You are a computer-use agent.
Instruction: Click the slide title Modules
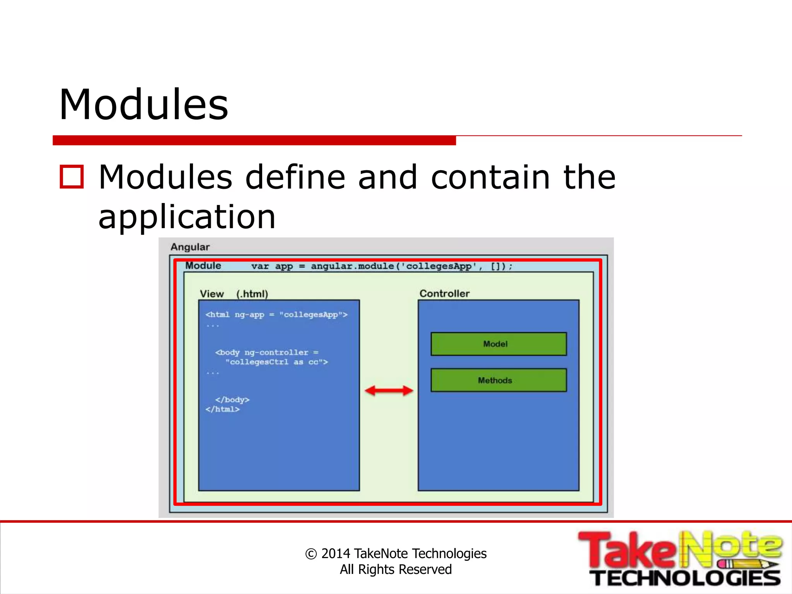(143, 104)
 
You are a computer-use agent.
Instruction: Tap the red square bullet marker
(72, 177)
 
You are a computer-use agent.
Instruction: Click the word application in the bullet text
(187, 217)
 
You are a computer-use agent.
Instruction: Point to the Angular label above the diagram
(190, 247)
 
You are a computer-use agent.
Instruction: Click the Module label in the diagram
(203, 266)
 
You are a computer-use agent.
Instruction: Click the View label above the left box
(212, 294)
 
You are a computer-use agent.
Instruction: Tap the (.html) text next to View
(252, 294)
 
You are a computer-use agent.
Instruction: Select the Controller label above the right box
(444, 294)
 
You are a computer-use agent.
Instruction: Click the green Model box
(498, 344)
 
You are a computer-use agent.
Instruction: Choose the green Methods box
(498, 380)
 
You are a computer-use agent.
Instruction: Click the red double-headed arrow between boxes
(389, 391)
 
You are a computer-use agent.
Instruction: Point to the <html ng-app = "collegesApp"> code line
(277, 314)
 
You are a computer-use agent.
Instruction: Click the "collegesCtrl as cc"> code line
(277, 362)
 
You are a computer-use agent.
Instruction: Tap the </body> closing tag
(232, 399)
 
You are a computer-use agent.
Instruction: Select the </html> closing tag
(222, 409)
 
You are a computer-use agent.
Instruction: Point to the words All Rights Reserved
(396, 569)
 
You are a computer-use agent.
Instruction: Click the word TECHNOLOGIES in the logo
(686, 578)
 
